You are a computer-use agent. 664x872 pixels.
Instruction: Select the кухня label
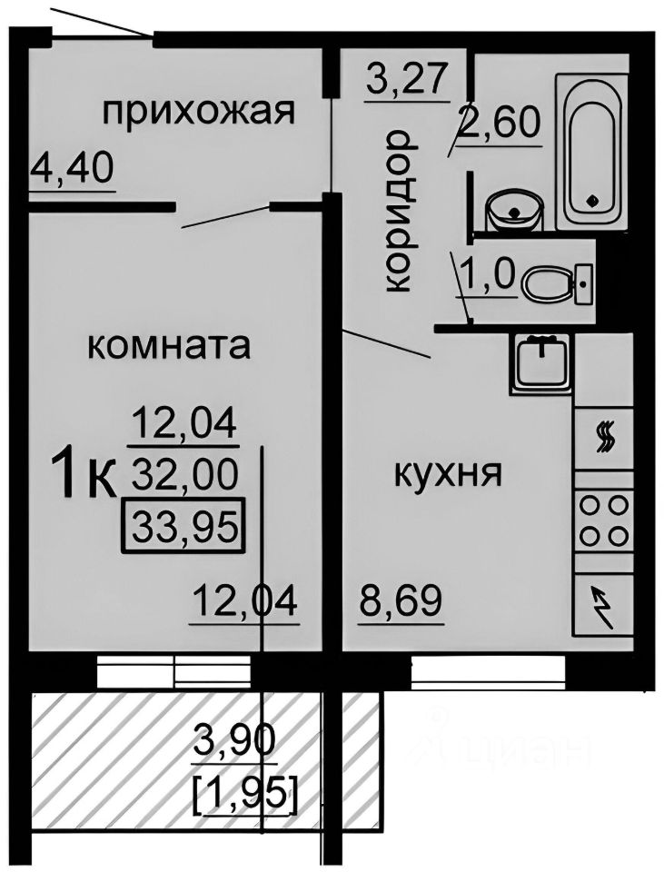[448, 473]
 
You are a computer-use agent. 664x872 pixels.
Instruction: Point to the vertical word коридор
[398, 211]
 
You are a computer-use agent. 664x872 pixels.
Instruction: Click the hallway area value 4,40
[72, 168]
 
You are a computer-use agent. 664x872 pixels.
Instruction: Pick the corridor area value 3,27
[408, 79]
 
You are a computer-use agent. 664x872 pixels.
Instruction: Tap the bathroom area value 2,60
[499, 120]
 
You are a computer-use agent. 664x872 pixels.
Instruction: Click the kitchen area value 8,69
[401, 600]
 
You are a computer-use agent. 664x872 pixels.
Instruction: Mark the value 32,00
[184, 472]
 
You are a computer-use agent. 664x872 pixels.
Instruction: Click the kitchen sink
[542, 361]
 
